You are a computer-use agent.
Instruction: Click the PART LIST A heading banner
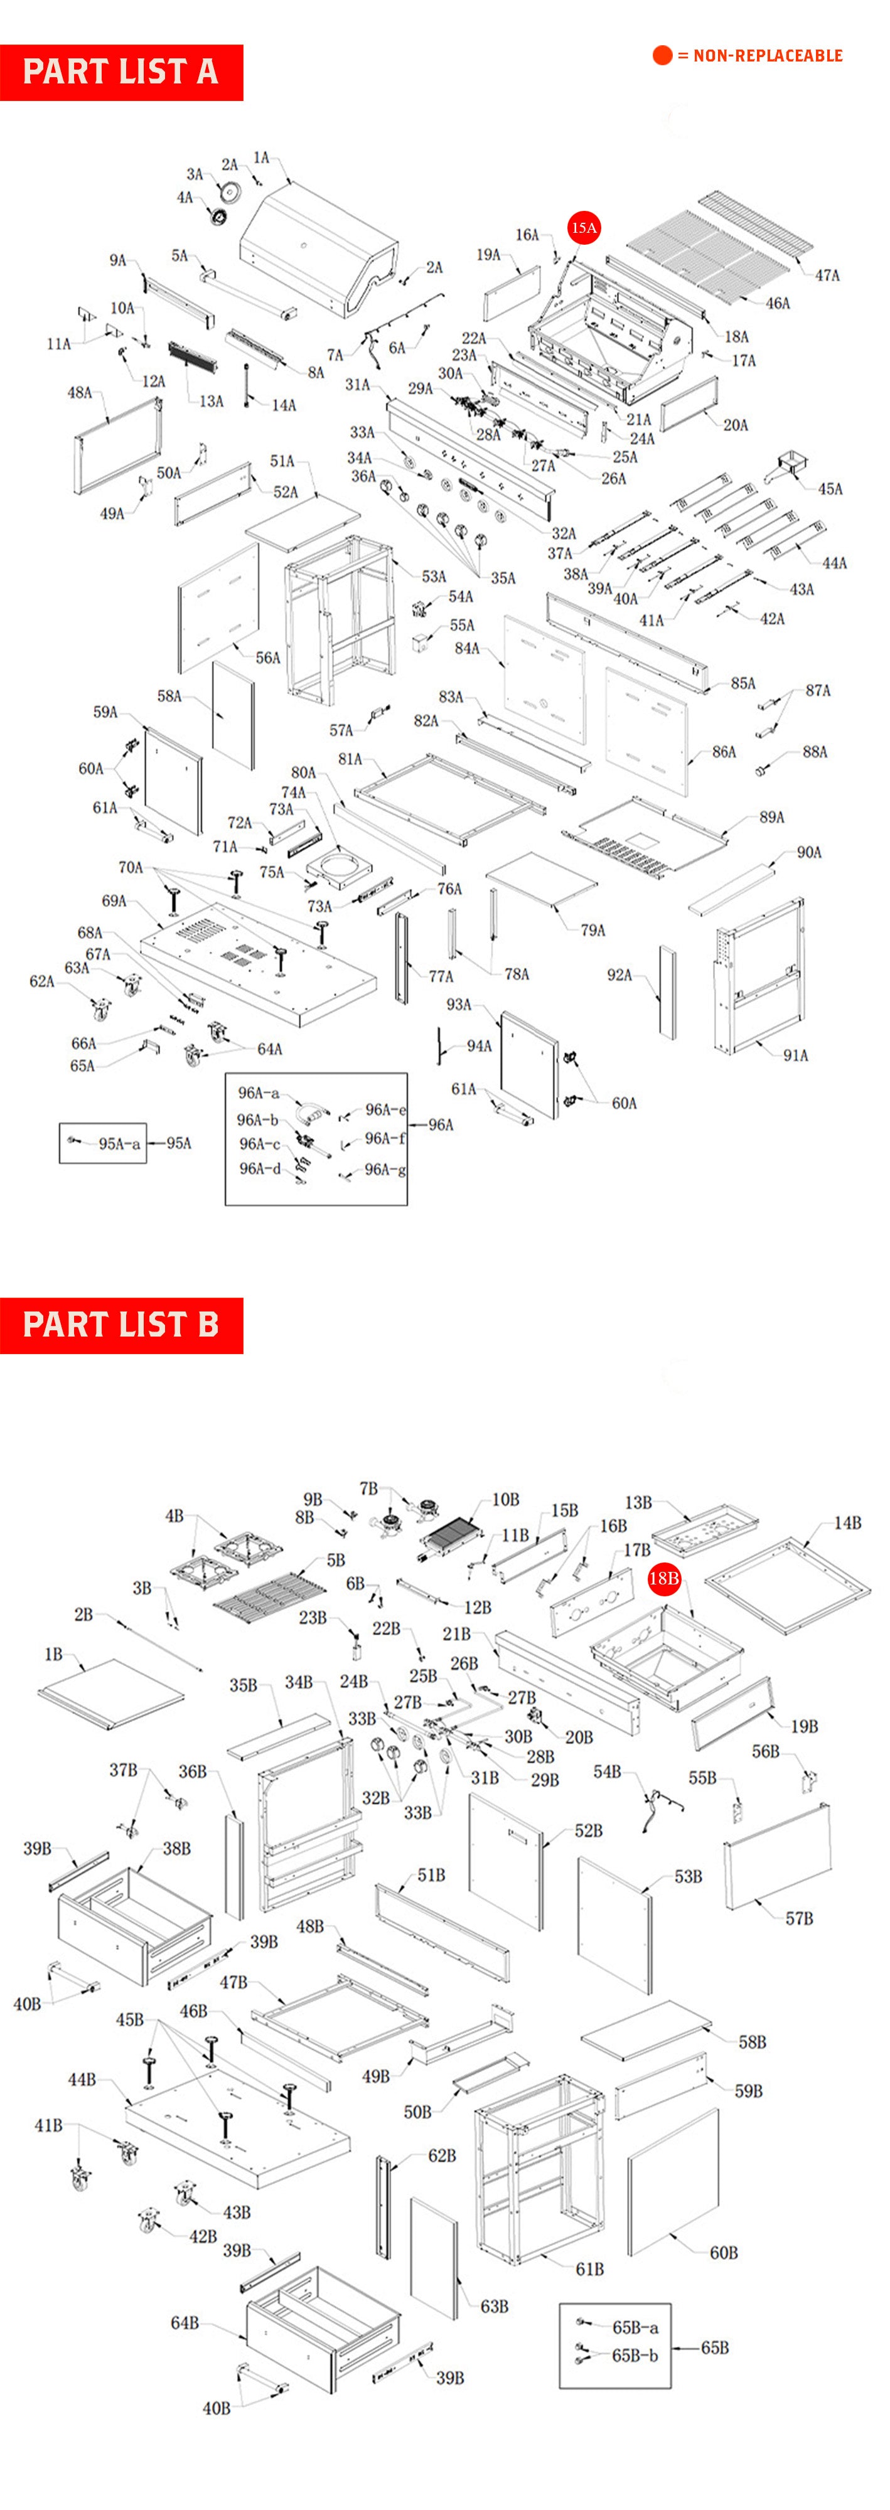[x=121, y=72]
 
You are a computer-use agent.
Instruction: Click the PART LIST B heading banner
[x=121, y=1325]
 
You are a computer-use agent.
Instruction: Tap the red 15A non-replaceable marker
[x=584, y=228]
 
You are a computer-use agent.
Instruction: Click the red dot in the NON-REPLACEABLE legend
[x=662, y=56]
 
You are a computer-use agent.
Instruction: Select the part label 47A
[x=827, y=275]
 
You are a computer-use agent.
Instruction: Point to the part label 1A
[x=261, y=158]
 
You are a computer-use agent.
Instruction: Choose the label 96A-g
[x=385, y=1169]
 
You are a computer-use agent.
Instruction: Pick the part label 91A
[x=795, y=1055]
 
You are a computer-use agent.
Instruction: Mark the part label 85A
[x=743, y=683]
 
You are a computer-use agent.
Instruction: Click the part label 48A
[x=79, y=393]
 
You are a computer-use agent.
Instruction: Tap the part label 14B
[x=847, y=1523]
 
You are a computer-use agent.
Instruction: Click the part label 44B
[x=82, y=2080]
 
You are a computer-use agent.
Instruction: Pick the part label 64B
[x=185, y=2323]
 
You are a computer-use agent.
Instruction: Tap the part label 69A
[x=114, y=901]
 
